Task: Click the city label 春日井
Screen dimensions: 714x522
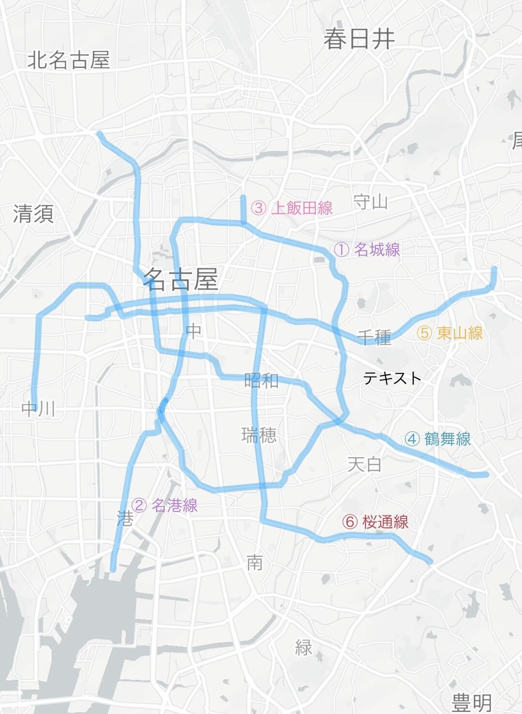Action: [x=359, y=39]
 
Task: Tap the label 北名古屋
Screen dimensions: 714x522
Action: [x=69, y=60]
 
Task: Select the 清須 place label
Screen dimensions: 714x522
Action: [x=33, y=214]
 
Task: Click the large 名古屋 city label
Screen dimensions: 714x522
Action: [x=181, y=279]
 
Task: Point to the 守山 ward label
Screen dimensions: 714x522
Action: [x=371, y=201]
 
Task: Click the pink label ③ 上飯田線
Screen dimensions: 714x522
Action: [x=292, y=208]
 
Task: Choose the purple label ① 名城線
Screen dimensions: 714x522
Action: [x=367, y=250]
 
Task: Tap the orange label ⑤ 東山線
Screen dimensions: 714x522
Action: [x=450, y=333]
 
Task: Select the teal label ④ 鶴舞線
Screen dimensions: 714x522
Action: [x=438, y=439]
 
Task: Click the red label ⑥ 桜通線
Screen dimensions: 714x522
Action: [x=375, y=522]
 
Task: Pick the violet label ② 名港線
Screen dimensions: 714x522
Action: [x=164, y=505]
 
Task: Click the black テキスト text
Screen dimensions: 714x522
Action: [x=392, y=378]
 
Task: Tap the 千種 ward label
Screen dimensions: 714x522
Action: [x=374, y=337]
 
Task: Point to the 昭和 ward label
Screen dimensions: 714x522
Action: [x=261, y=381]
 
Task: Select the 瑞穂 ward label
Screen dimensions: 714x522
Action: [x=259, y=435]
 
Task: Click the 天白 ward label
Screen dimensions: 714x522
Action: [x=365, y=465]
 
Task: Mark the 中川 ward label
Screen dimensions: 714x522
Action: [x=38, y=409]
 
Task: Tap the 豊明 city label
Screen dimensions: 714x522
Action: [x=472, y=702]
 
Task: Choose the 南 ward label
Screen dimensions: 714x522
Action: [x=255, y=562]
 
